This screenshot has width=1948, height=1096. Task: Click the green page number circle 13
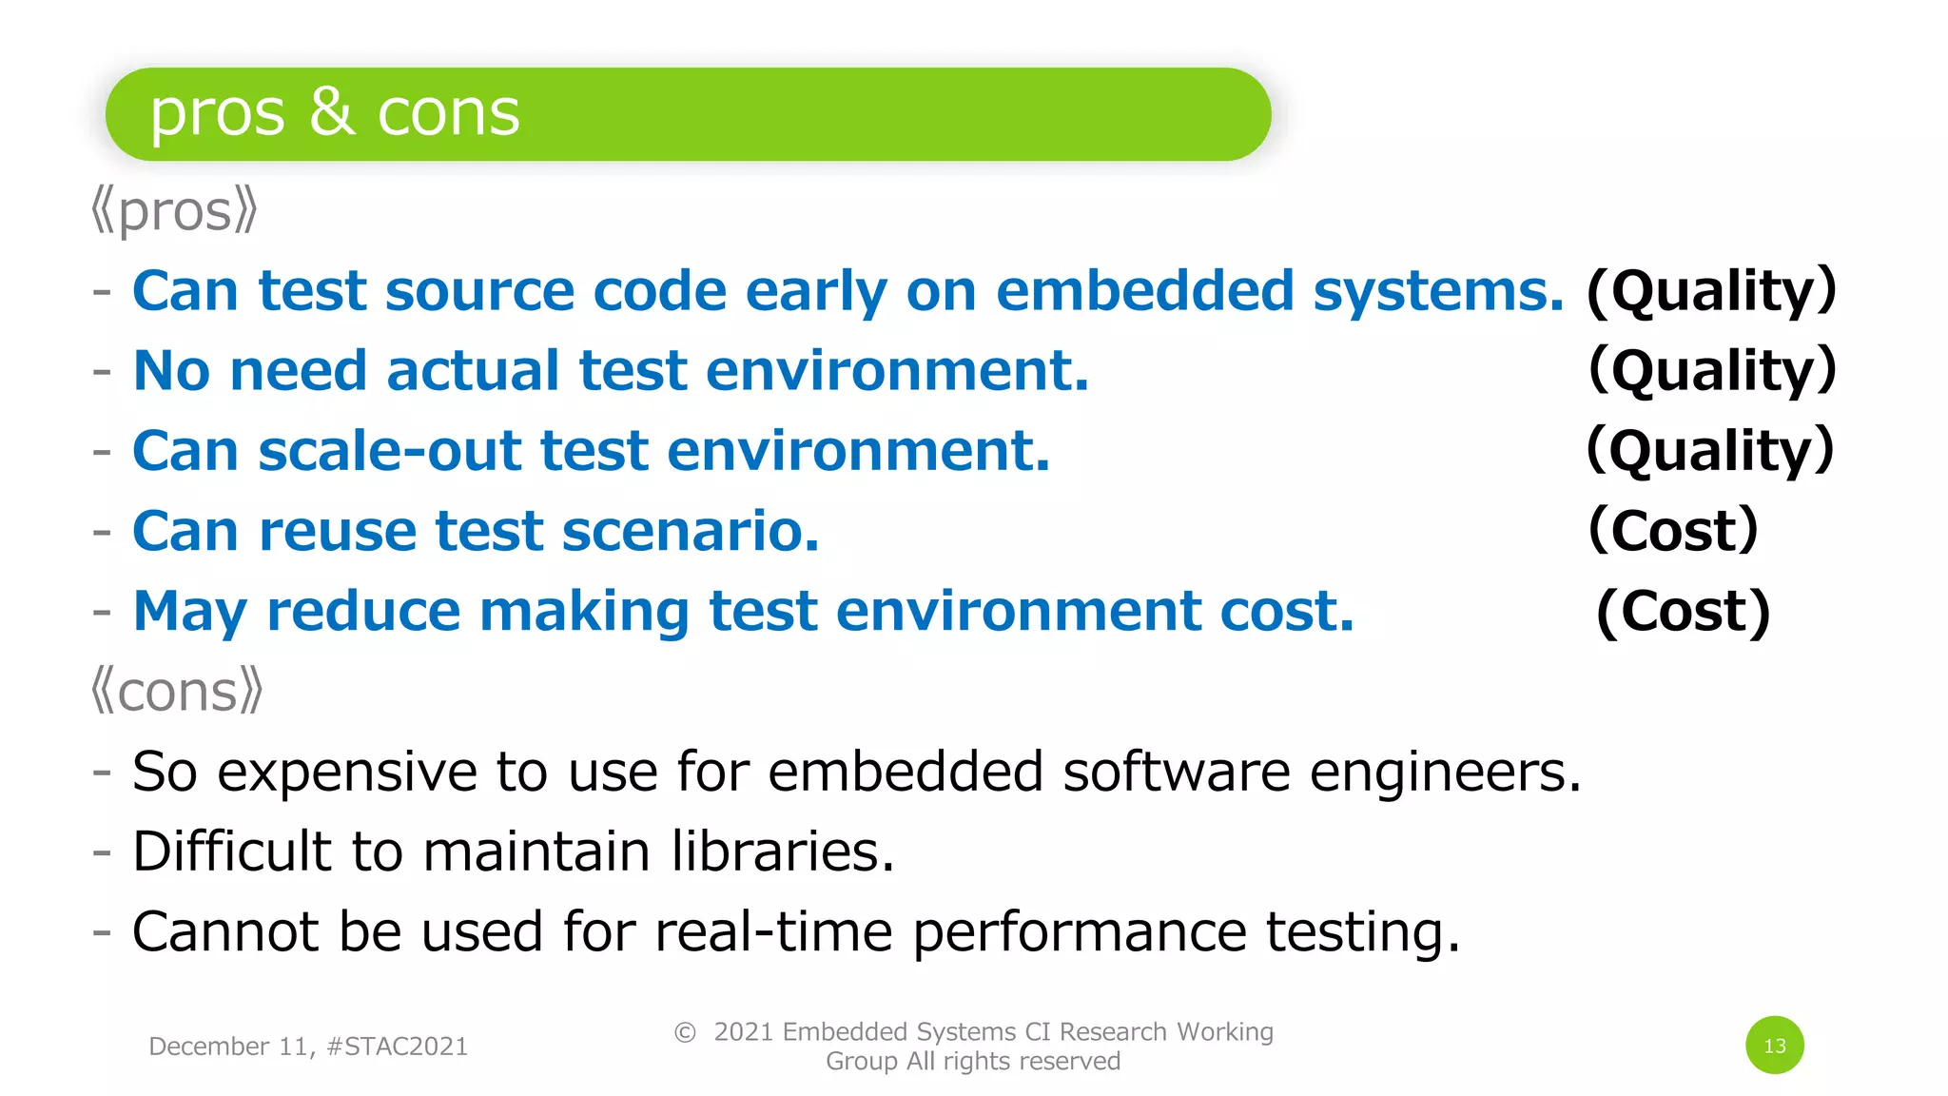click(1774, 1045)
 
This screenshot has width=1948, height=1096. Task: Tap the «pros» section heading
click(175, 211)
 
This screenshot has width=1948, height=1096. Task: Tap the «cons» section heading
click(177, 691)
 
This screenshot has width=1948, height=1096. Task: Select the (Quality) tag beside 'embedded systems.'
click(1711, 291)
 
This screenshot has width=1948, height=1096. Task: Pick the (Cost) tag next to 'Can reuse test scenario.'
click(1673, 531)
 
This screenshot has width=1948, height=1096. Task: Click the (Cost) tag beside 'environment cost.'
click(1683, 612)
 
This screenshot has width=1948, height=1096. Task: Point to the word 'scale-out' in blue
click(390, 451)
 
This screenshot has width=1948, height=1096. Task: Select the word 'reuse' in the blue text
click(338, 531)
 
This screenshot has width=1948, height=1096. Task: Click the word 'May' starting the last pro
click(190, 612)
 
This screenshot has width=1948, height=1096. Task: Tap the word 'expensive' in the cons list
click(347, 772)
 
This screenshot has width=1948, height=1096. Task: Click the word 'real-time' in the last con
click(773, 931)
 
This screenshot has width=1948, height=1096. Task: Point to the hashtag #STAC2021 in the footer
click(397, 1047)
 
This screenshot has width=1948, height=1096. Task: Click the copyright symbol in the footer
click(685, 1032)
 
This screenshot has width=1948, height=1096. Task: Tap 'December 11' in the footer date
click(227, 1047)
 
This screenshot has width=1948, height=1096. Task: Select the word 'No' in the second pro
click(171, 370)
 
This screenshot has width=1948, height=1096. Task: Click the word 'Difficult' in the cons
click(232, 851)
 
